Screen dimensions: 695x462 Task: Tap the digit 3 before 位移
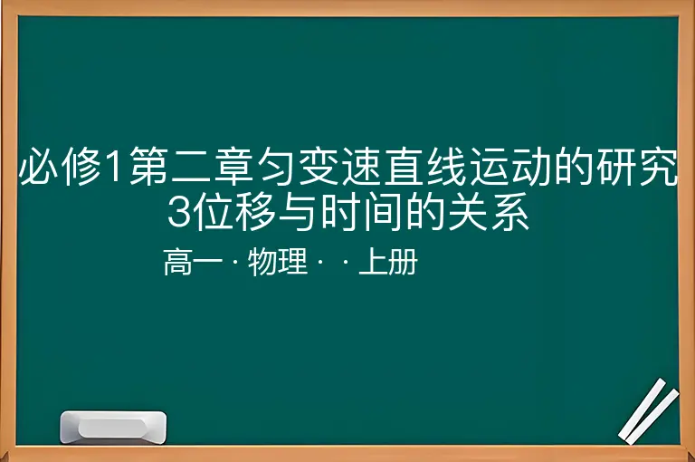tap(179, 212)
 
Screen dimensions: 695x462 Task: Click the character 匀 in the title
tap(277, 167)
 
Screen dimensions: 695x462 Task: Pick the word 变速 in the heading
tap(340, 167)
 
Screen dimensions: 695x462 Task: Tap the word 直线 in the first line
tap(425, 167)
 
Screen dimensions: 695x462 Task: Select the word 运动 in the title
tap(510, 167)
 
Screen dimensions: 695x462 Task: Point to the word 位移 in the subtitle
tap(233, 212)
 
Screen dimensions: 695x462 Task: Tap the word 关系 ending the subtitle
tap(489, 212)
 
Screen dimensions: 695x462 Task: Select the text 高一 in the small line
tap(194, 262)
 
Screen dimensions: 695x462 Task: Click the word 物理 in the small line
tap(278, 262)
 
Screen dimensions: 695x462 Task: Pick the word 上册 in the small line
tap(388, 262)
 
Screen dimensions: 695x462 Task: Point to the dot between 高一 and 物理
tap(235, 262)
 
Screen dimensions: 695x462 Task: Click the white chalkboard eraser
tap(113, 427)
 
